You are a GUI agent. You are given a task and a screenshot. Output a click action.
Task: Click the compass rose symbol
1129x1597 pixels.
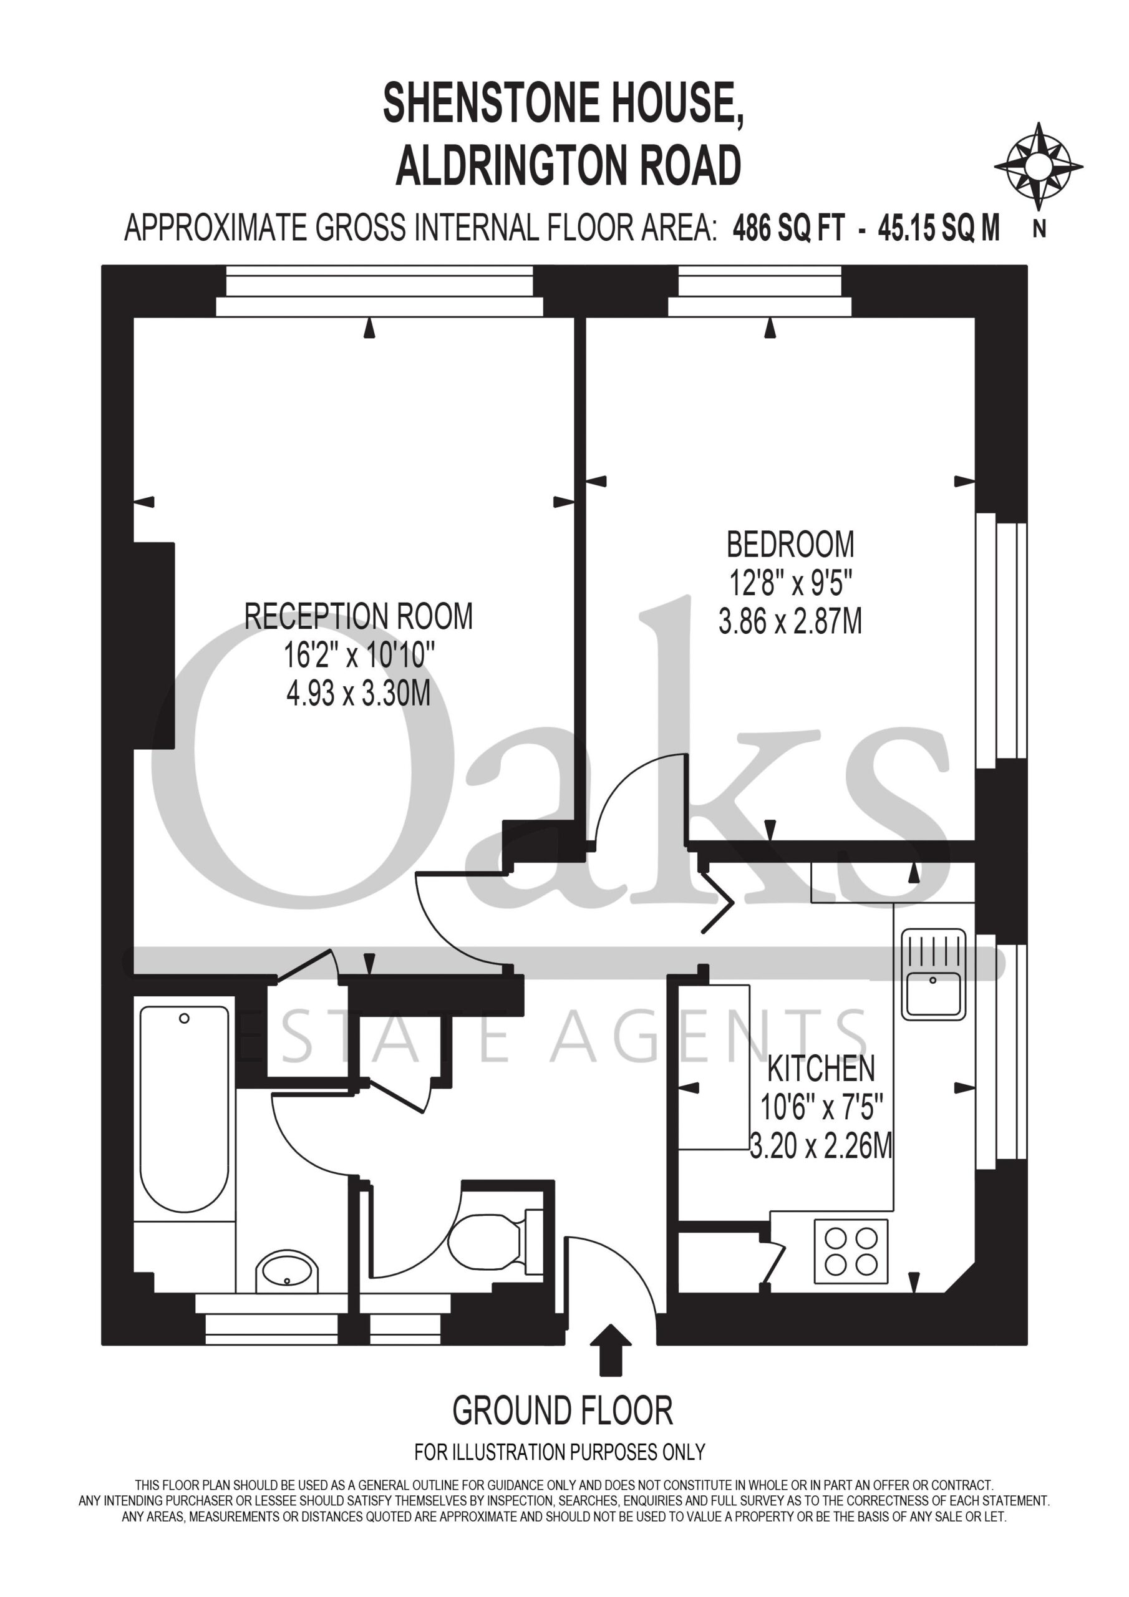tap(1038, 167)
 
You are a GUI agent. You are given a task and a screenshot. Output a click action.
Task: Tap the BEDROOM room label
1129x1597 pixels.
tap(790, 545)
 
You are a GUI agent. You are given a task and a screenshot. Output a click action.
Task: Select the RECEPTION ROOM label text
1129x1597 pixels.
tap(358, 616)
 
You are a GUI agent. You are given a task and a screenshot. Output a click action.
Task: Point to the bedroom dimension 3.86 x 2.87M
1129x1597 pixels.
tap(790, 621)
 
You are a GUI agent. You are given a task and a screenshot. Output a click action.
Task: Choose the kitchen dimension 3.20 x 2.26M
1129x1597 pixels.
tap(821, 1145)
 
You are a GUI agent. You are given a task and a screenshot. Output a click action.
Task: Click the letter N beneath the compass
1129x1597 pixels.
tap(1039, 230)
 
